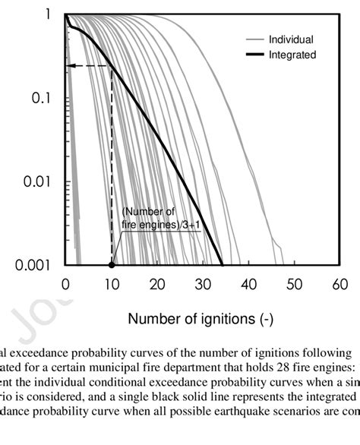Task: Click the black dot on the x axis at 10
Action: [112, 265]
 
